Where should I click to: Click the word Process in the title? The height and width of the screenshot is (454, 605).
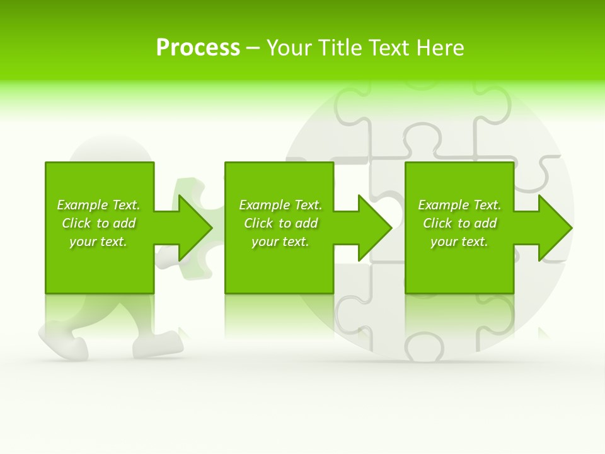tap(198, 48)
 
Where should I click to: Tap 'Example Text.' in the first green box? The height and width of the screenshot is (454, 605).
tap(98, 205)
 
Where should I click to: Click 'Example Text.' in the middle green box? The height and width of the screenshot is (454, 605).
tap(280, 205)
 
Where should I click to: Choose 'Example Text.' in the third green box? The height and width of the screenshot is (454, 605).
tap(459, 205)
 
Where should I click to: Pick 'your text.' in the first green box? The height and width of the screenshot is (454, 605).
tap(98, 242)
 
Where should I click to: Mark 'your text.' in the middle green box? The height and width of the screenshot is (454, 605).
tap(280, 242)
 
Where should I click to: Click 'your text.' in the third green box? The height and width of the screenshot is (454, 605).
tap(459, 242)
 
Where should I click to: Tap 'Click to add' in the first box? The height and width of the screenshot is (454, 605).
tap(98, 223)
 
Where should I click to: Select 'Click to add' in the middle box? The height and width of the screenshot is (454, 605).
tap(280, 223)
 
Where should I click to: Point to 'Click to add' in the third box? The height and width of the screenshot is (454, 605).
tap(459, 223)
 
